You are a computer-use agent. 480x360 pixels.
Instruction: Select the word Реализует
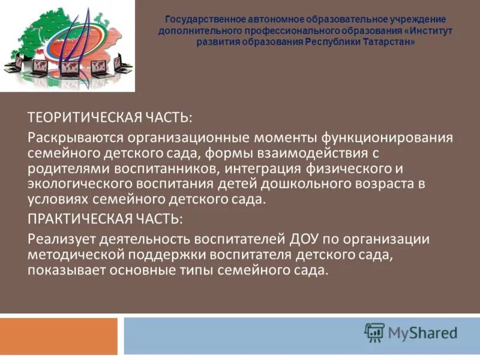coord(60,238)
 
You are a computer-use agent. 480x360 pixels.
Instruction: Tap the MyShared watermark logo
coord(410,332)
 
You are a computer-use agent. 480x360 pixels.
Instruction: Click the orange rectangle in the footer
coord(59,336)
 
